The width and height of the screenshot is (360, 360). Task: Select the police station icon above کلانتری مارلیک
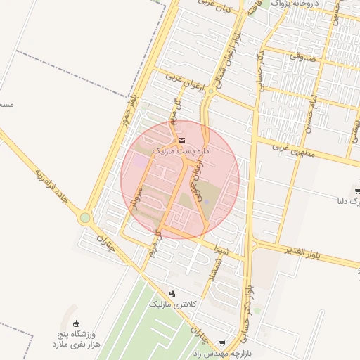172,293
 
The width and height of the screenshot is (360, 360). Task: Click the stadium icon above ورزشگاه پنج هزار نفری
77,323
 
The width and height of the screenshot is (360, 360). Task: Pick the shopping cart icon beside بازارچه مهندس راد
223,344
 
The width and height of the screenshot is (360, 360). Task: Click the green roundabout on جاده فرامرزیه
85,218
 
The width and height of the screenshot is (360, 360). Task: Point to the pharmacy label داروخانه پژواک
296,4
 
